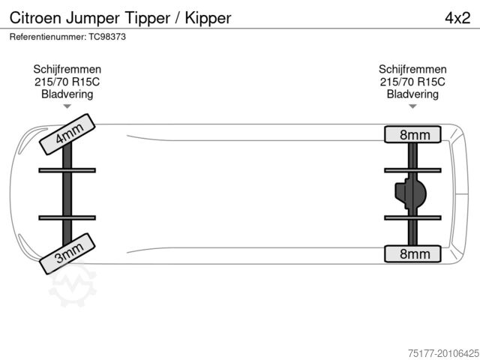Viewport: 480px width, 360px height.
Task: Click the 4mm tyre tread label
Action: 67,133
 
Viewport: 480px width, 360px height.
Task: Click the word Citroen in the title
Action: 33,17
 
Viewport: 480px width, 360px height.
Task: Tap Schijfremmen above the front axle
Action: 67,69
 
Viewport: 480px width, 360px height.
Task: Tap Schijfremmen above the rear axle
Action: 412,69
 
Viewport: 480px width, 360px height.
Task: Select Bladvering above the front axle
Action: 67,94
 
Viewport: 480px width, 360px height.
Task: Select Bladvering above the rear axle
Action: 412,94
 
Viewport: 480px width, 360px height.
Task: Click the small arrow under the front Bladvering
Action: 67,106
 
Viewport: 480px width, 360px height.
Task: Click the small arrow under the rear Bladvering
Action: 412,106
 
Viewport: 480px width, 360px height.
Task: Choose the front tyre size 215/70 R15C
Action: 67,82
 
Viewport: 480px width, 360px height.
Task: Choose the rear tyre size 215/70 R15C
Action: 412,82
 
